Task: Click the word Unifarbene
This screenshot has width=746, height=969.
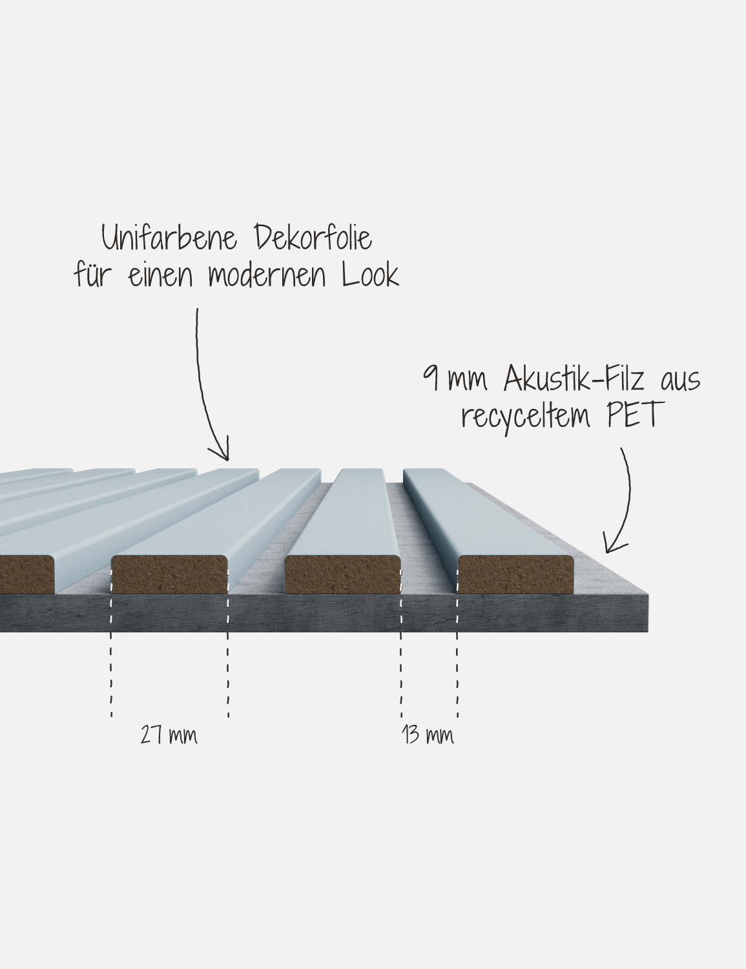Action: [x=169, y=238]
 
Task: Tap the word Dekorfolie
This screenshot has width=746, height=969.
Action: [x=313, y=238]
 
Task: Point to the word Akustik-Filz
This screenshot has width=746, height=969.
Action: [x=574, y=379]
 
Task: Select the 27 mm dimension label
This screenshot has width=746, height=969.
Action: [x=169, y=735]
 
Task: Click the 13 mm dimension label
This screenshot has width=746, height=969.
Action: [x=428, y=735]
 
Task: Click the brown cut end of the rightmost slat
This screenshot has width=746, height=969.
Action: [x=515, y=575]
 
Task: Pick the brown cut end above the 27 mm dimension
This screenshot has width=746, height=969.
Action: [x=170, y=575]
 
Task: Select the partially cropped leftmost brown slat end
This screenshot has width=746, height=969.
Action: [x=26, y=575]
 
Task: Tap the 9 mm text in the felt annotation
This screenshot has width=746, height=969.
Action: [x=455, y=380]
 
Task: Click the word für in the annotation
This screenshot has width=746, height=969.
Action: [x=91, y=275]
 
